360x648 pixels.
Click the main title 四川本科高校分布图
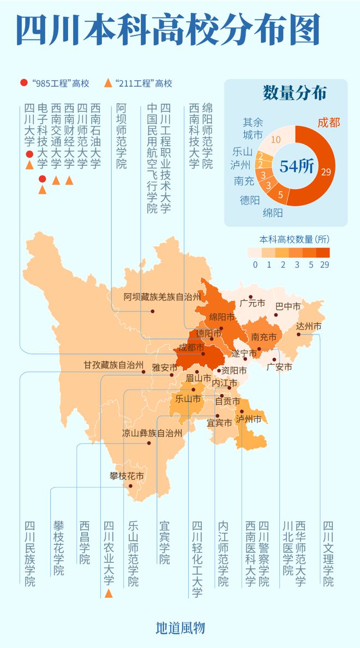pyautogui.click(x=167, y=30)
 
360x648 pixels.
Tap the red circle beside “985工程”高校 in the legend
pyautogui.click(x=23, y=83)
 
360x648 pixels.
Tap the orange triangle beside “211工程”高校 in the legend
pyautogui.click(x=107, y=83)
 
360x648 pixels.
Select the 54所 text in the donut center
pyautogui.click(x=296, y=166)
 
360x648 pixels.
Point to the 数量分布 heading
pyautogui.click(x=295, y=93)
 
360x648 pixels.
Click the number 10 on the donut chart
pyautogui.click(x=276, y=139)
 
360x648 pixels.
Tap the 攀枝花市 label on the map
pyautogui.click(x=126, y=476)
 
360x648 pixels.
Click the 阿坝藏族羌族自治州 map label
pyautogui.click(x=162, y=297)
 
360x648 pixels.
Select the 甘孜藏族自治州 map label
pyautogui.click(x=113, y=364)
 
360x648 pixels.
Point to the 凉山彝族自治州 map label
pyautogui.click(x=152, y=434)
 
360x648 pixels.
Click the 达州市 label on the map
pyautogui.click(x=309, y=326)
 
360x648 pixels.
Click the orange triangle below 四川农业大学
pyautogui.click(x=109, y=593)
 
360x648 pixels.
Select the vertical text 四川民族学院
pyautogui.click(x=29, y=554)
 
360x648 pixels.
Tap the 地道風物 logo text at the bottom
pyautogui.click(x=180, y=628)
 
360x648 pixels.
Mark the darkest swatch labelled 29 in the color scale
pyautogui.click(x=322, y=253)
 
